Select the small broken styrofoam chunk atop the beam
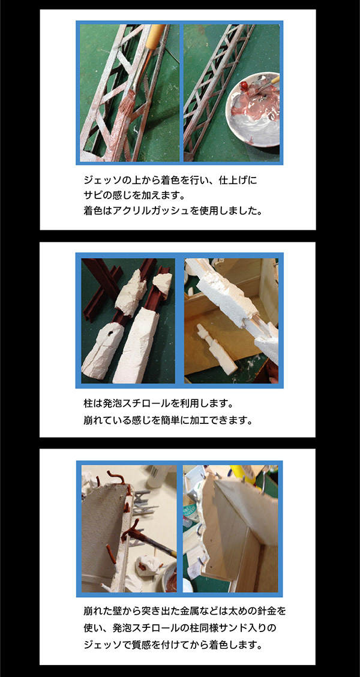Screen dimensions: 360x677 coord(163,281)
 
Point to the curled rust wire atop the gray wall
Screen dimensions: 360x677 coord(116,478)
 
